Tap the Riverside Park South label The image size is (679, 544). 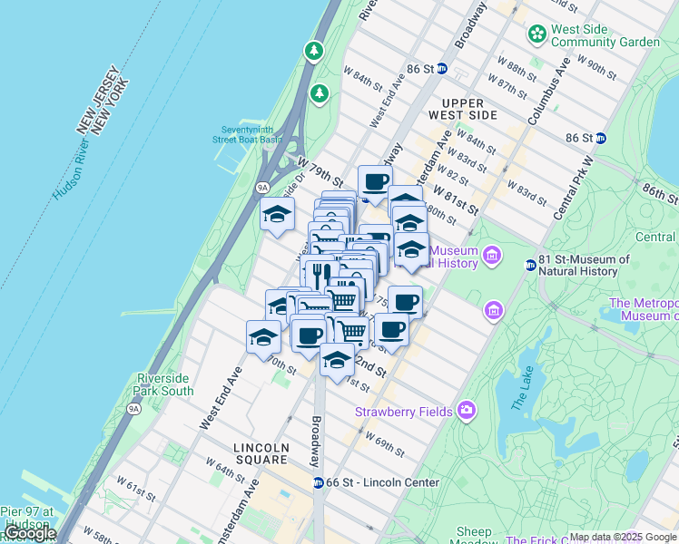click(x=164, y=384)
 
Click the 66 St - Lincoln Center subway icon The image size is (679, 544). click(x=319, y=483)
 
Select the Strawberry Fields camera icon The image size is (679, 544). click(x=467, y=411)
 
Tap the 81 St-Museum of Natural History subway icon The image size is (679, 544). click(x=530, y=265)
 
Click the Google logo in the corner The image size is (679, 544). click(x=30, y=534)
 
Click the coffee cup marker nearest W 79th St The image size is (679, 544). click(x=374, y=181)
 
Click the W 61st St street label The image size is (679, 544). click(x=135, y=492)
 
